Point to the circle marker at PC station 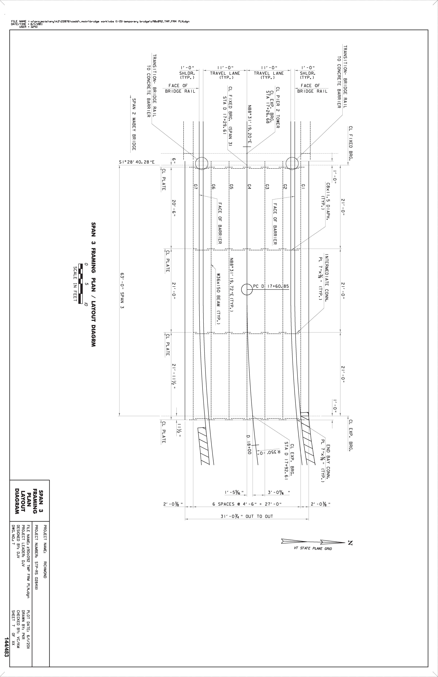click(x=241, y=290)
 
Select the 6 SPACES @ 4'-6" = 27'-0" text click(x=247, y=504)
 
